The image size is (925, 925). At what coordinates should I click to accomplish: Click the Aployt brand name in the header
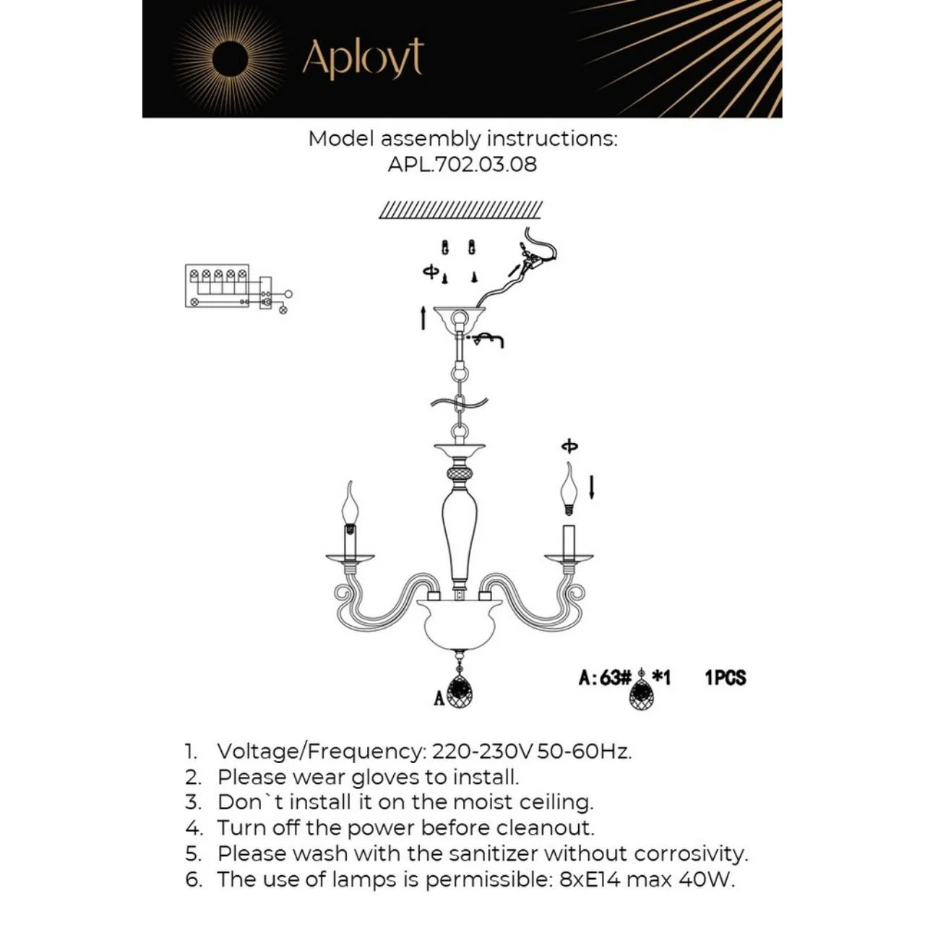pyautogui.click(x=363, y=59)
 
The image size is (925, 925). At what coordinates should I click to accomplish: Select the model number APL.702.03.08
pyautogui.click(x=462, y=165)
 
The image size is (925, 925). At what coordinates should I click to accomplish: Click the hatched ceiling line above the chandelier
pyautogui.click(x=461, y=210)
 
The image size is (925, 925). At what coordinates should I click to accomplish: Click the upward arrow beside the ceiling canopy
pyautogui.click(x=423, y=318)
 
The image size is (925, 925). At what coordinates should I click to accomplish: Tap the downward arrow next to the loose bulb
pyautogui.click(x=592, y=487)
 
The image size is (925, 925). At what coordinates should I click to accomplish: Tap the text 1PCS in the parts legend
pyautogui.click(x=726, y=678)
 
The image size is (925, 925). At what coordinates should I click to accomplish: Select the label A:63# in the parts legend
pyautogui.click(x=604, y=678)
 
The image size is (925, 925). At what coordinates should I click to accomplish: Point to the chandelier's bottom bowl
pyautogui.click(x=460, y=625)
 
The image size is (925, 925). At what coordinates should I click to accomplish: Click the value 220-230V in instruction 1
pyautogui.click(x=482, y=752)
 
